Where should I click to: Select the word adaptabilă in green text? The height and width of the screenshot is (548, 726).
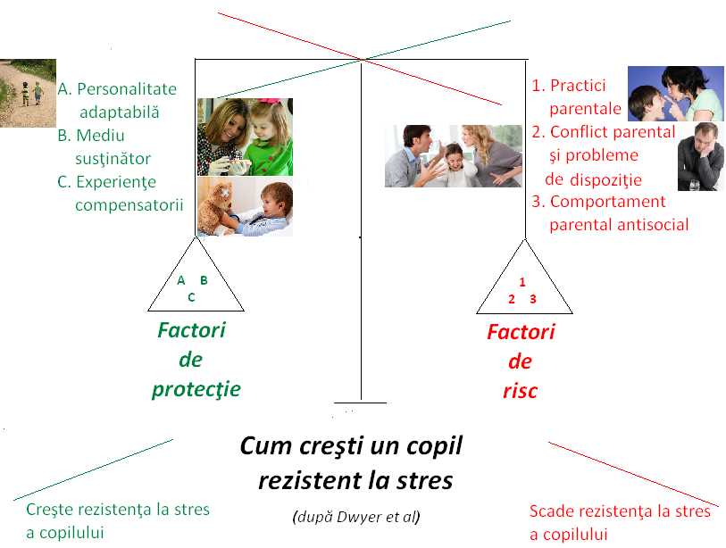pos(119,112)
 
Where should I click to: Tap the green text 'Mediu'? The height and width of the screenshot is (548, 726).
pos(101,136)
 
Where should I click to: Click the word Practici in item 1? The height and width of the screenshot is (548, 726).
pos(578,86)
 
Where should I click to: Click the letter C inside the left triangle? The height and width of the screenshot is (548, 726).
pos(191,297)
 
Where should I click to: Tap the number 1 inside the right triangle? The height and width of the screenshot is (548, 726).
pos(522,283)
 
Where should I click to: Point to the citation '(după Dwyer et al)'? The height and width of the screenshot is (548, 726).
pos(355,517)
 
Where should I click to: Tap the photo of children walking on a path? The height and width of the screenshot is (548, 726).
pos(28,92)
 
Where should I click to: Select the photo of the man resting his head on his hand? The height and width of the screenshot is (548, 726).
pos(699,157)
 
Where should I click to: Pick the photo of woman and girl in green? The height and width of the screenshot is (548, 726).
pos(244,136)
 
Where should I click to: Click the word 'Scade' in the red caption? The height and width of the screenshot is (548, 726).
pos(554,511)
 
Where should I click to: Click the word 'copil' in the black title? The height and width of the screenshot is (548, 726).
pos(429,445)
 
